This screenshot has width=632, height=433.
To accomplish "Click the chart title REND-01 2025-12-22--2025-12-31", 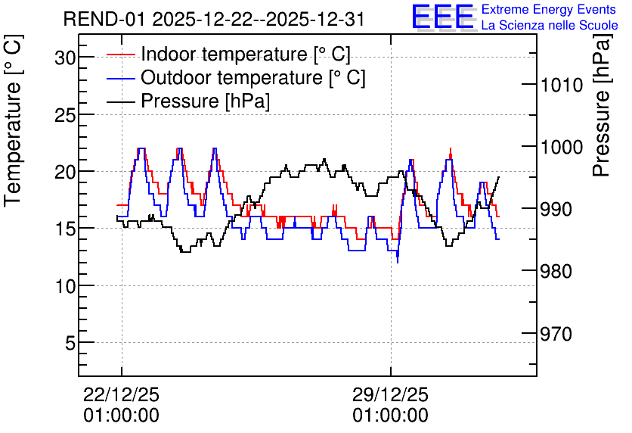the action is pyautogui.click(x=214, y=19).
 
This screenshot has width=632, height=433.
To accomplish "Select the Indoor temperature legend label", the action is pyautogui.click(x=246, y=54).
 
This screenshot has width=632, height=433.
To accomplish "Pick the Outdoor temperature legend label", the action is pyautogui.click(x=253, y=77).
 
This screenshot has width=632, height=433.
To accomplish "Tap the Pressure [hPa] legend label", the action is pyautogui.click(x=205, y=101).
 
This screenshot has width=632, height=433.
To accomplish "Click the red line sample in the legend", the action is pyautogui.click(x=120, y=55).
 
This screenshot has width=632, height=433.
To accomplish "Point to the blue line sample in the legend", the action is pyautogui.click(x=120, y=78).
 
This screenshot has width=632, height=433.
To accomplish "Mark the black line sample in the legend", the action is pyautogui.click(x=120, y=101).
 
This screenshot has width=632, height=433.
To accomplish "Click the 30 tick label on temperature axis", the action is pyautogui.click(x=65, y=58).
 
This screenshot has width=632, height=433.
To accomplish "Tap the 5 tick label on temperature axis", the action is pyautogui.click(x=70, y=344).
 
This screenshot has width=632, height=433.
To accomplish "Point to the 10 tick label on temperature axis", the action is pyautogui.click(x=65, y=286).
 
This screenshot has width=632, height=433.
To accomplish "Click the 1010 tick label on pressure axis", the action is pyautogui.click(x=562, y=85).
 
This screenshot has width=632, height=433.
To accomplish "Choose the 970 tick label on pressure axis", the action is pyautogui.click(x=556, y=334).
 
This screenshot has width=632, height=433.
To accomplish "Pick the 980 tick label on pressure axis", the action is pyautogui.click(x=556, y=271).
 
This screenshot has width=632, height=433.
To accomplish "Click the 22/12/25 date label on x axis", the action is pyautogui.click(x=121, y=394).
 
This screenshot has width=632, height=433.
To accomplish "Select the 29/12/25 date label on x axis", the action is pyautogui.click(x=391, y=394).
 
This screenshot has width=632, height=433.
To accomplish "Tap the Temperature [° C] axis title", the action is pyautogui.click(x=13, y=120).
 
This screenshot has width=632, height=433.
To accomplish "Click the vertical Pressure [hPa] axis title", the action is pyautogui.click(x=602, y=105).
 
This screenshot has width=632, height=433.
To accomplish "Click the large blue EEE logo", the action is pyautogui.click(x=443, y=17).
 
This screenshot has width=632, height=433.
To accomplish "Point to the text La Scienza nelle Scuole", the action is pyautogui.click(x=550, y=26).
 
